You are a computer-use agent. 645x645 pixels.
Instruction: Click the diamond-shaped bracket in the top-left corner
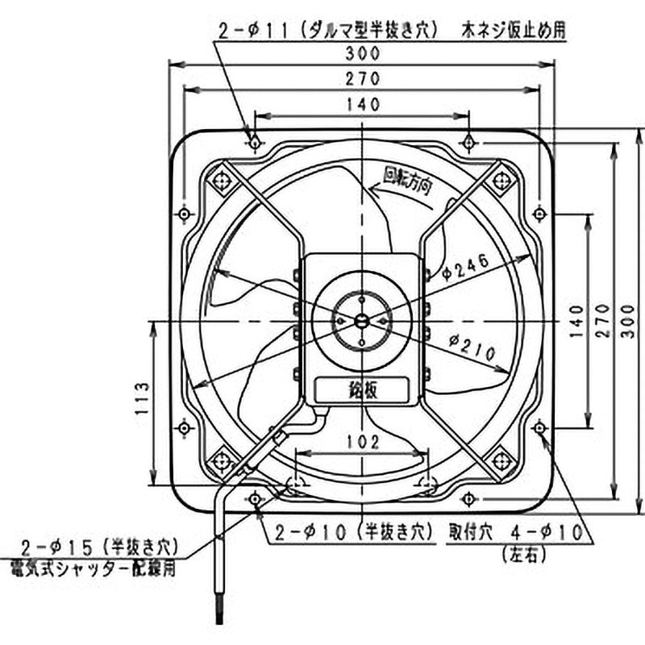pos(219,181)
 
